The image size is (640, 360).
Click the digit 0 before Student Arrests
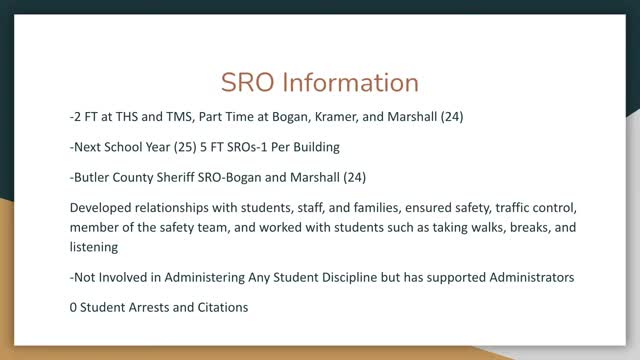click(x=75, y=307)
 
